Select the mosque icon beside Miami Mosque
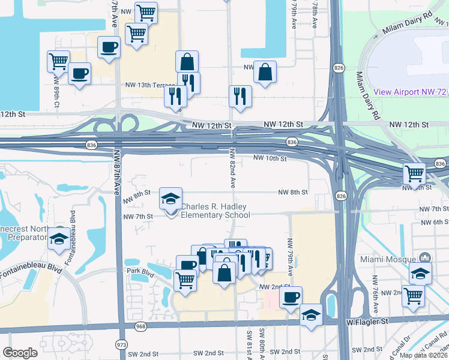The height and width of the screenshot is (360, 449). tap(425, 258)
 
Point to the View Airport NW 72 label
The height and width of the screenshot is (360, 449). tap(411, 92)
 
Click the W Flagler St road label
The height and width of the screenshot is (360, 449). tap(367, 322)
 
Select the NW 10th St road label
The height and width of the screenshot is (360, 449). tap(270, 158)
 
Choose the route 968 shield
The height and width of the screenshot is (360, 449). tap(141, 326)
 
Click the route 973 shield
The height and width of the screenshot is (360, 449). tap(122, 344)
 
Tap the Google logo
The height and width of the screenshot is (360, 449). tap(20, 353)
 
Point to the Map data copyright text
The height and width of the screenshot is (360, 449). tap(423, 355)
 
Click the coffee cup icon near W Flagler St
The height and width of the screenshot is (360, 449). tap(291, 296)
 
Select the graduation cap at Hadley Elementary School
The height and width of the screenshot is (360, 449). tap(170, 198)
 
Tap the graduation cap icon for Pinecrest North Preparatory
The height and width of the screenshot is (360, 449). tap(59, 238)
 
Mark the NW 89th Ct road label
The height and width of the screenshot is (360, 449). tap(56, 90)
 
